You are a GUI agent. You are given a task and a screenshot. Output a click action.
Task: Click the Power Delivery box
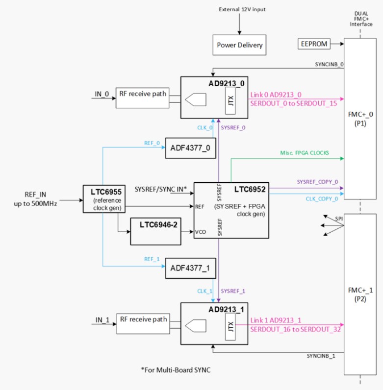click(x=240, y=46)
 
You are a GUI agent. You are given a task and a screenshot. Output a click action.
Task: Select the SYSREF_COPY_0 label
click(x=317, y=182)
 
